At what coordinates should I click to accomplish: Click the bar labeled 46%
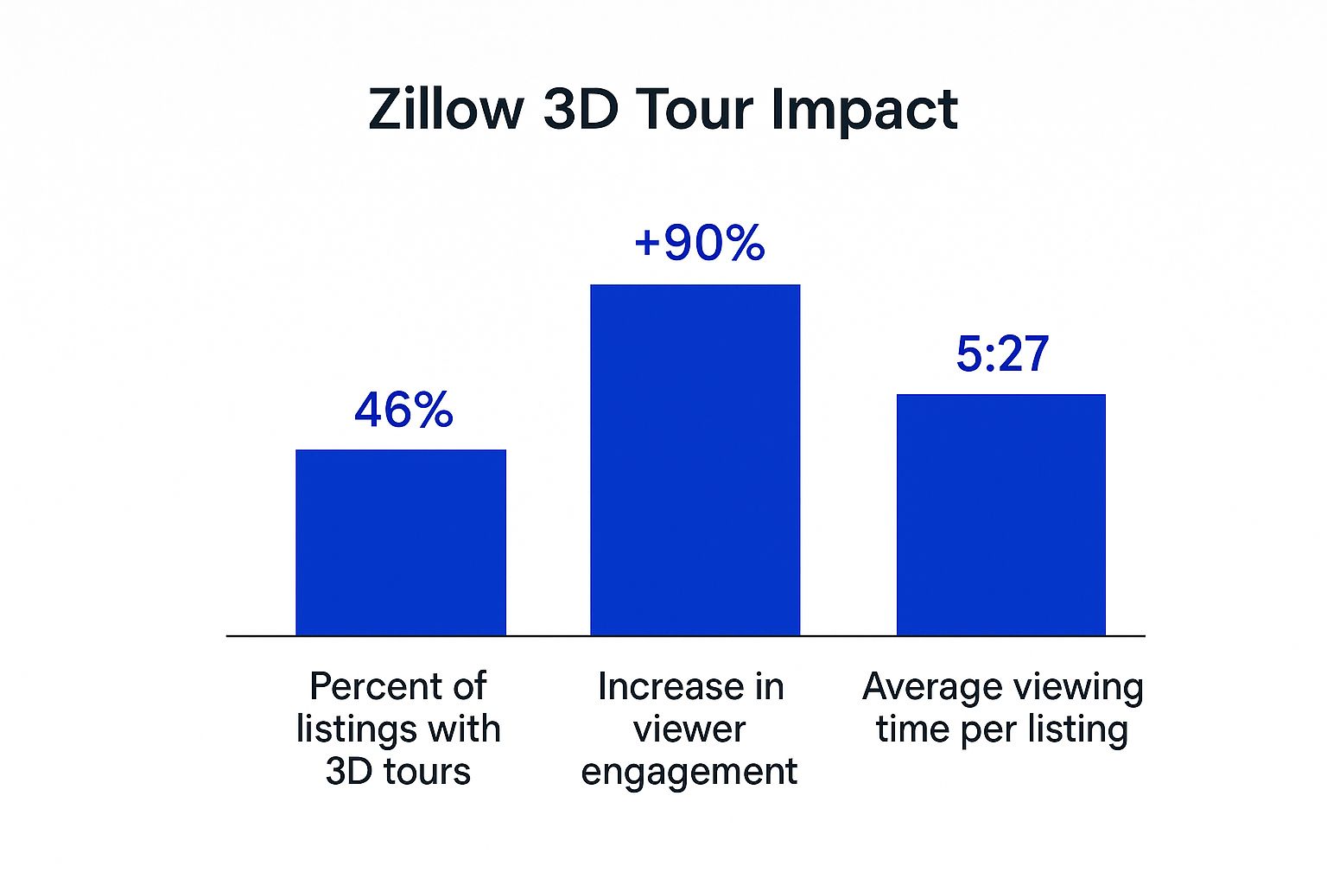click(x=401, y=543)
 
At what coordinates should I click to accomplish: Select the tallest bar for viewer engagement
click(x=695, y=460)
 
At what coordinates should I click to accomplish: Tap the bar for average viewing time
click(x=1001, y=514)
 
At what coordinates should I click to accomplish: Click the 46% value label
click(x=404, y=411)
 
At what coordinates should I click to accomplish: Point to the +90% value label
click(x=700, y=243)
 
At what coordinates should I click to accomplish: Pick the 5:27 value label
click(x=1002, y=353)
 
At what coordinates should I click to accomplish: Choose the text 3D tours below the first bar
click(x=398, y=771)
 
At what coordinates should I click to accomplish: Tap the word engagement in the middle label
click(x=689, y=773)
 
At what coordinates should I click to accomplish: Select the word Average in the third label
click(x=930, y=688)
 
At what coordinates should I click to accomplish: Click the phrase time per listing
click(x=1002, y=730)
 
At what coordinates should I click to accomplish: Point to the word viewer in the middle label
click(x=689, y=729)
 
